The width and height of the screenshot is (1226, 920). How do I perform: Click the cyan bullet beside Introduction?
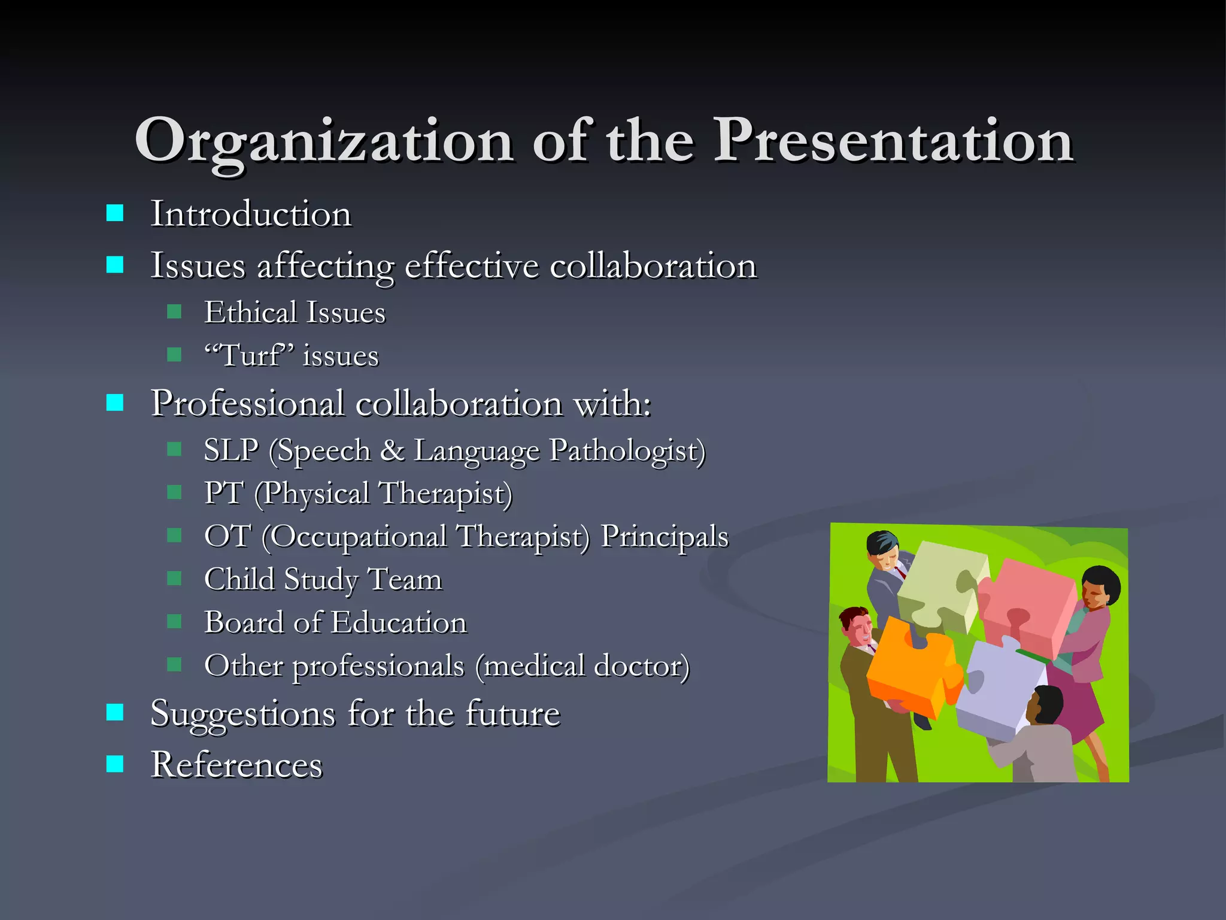coord(115,213)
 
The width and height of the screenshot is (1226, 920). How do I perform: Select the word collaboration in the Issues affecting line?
coord(653,265)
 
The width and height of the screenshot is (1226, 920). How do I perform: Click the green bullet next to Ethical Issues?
coord(174,311)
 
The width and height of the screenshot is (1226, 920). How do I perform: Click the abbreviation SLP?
coord(231,450)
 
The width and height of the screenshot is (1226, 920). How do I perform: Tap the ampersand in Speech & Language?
coord(392,450)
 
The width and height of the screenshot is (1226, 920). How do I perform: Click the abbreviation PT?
coord(223,493)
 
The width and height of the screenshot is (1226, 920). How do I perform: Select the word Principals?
coord(664,535)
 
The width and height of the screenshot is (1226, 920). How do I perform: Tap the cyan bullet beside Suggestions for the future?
coord(115,712)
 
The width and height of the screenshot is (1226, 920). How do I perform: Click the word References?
coord(236,765)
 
